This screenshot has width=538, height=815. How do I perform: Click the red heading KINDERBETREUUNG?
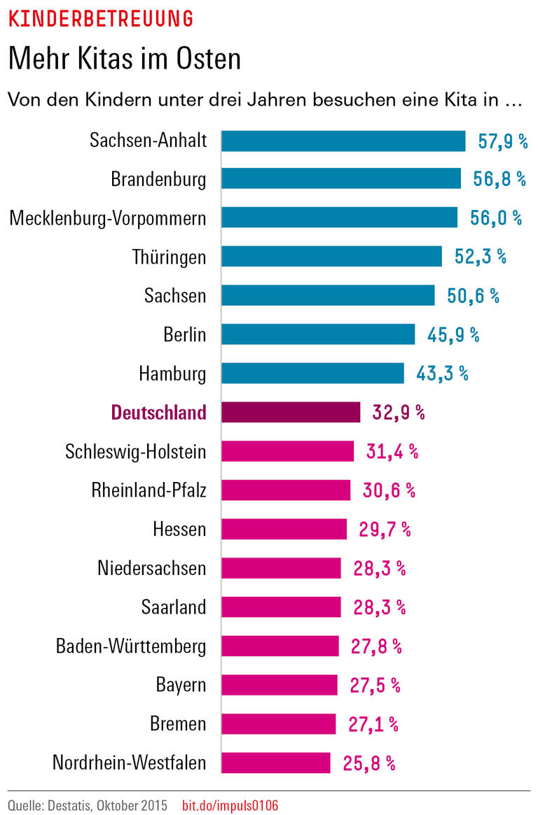tap(100, 19)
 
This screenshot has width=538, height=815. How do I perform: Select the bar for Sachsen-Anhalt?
tap(343, 141)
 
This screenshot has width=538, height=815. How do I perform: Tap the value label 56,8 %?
tap(499, 179)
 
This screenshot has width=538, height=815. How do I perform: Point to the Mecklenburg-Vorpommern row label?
tap(108, 218)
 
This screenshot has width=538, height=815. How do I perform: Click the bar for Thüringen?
tap(331, 257)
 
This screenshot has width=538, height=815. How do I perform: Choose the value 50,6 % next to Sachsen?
tap(473, 296)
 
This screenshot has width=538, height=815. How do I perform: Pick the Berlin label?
tap(184, 334)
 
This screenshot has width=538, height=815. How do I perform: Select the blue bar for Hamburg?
tap(312, 373)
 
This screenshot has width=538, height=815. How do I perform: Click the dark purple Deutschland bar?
tap(291, 412)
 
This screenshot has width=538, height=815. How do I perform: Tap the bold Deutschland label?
tap(159, 413)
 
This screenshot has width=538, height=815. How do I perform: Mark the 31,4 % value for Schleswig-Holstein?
tap(392, 451)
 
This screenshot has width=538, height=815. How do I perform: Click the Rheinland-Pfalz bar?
tap(286, 490)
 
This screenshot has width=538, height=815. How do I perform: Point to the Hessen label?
tap(179, 529)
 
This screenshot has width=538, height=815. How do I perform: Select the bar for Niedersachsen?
tap(281, 567)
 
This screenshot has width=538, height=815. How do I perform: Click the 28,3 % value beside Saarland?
tap(380, 607)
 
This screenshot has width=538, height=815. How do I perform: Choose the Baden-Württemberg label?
tap(131, 646)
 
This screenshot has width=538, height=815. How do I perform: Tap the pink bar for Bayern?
tap(280, 684)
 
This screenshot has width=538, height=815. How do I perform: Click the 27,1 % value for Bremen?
tap(373, 723)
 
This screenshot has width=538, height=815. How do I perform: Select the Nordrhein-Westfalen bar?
tap(276, 762)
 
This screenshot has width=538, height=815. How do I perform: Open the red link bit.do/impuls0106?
tap(230, 805)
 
